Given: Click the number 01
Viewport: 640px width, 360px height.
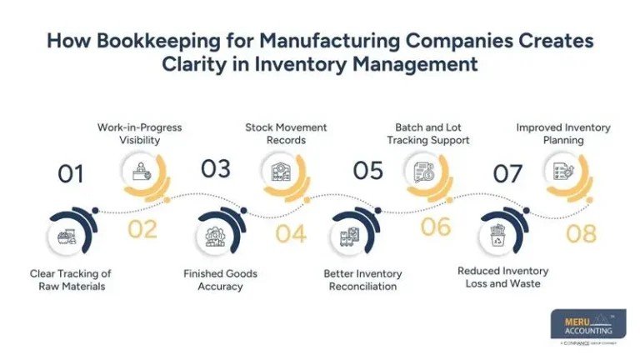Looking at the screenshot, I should coord(71,174).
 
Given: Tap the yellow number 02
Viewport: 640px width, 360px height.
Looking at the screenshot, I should coord(142,228).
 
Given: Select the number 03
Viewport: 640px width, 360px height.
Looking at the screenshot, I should coord(215,169).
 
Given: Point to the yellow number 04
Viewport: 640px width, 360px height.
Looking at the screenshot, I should coord(290,233).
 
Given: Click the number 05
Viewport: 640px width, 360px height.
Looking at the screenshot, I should coord(367,171).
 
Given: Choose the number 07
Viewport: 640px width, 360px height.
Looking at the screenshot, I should coord(508,174).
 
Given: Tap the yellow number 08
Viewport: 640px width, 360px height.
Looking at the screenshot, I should coord(581,233).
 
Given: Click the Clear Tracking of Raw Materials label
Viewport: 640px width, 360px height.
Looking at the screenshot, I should coord(71,280).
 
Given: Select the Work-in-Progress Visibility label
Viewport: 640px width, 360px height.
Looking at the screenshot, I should coord(139,134).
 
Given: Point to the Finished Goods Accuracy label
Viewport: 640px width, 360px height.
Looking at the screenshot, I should coord(220,280).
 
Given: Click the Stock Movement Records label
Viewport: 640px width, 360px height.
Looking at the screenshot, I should coord(286,134).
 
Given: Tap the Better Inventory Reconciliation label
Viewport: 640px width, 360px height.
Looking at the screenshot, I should coord(362,280).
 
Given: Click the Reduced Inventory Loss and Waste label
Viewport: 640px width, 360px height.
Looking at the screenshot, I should coord(503,277).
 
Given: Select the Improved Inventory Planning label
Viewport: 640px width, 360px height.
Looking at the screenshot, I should coord(563,134).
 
